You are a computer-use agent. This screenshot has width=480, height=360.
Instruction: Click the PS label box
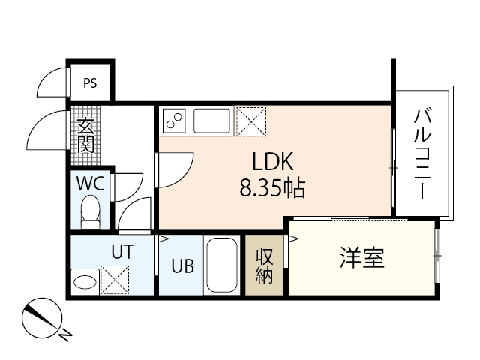[89, 83]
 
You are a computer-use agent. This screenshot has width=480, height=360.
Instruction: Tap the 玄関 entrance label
[85, 135]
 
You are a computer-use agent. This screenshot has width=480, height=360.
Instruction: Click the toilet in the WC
[91, 212]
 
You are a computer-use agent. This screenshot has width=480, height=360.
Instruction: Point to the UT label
[122, 253]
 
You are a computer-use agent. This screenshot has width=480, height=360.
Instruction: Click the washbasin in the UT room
[85, 282]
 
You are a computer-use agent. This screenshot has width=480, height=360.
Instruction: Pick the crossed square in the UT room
[114, 281]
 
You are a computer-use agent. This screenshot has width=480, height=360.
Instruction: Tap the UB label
[181, 266]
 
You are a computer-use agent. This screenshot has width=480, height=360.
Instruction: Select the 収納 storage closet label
[264, 265]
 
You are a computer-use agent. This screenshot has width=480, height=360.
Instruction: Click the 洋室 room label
[361, 258]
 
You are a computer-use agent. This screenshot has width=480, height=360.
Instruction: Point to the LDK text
[275, 163]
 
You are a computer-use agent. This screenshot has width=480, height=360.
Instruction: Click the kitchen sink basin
[213, 120]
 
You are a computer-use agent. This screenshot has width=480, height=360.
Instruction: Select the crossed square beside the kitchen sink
[251, 120]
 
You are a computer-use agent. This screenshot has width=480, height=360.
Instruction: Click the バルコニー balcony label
[423, 154]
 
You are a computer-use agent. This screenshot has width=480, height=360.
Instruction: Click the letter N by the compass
[66, 334]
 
